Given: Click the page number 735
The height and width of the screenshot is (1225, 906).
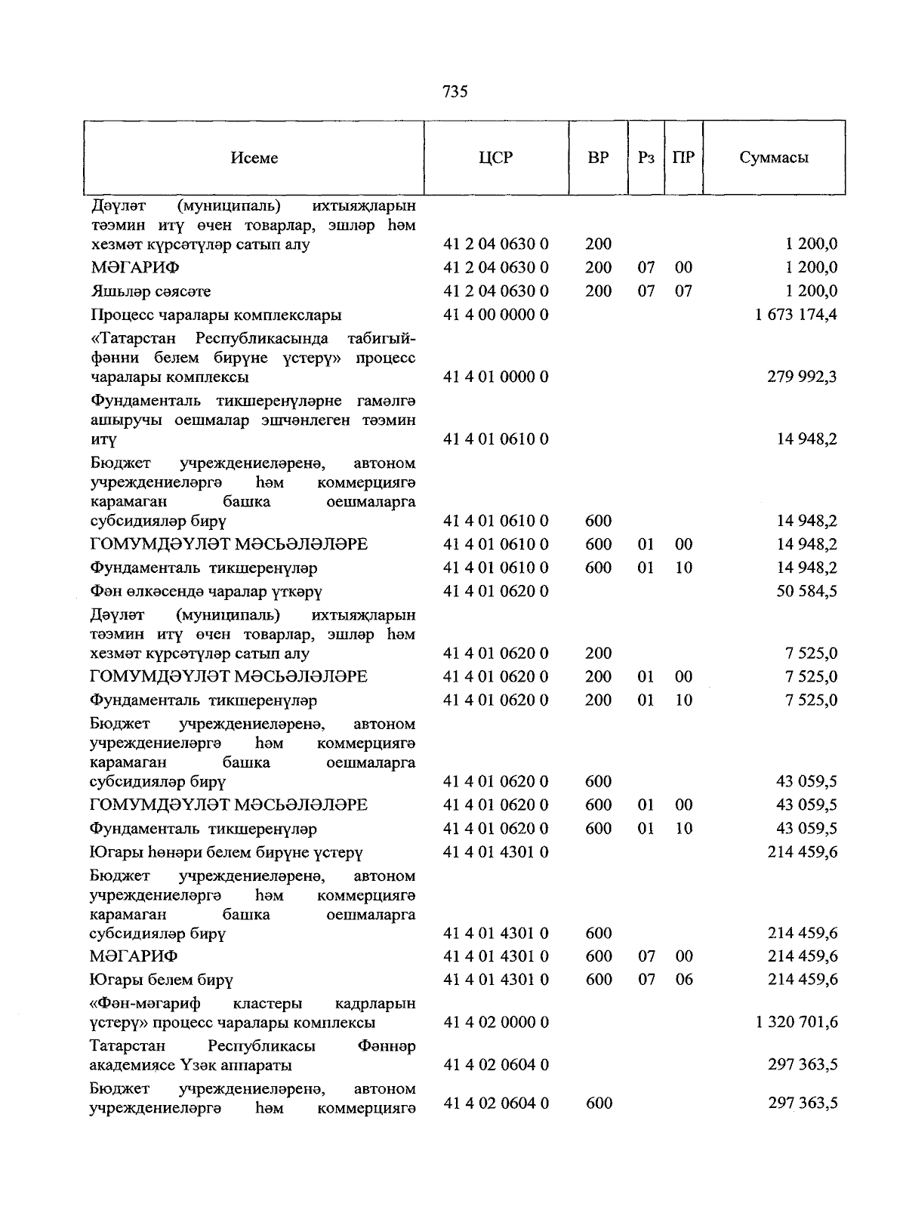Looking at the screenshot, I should (455, 92).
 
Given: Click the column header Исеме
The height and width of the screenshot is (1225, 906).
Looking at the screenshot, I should (254, 159).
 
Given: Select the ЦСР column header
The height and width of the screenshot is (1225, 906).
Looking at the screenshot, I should (495, 159).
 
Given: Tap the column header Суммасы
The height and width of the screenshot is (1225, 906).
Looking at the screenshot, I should (774, 159).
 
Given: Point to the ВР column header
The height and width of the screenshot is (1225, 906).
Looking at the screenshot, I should (598, 159).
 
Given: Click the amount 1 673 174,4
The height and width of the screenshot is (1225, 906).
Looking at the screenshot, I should (796, 315).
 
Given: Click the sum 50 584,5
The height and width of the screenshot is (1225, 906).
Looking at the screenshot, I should (806, 591).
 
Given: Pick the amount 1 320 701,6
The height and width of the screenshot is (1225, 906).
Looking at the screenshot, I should (796, 1023).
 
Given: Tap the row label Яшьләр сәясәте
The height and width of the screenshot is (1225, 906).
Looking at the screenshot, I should (150, 291).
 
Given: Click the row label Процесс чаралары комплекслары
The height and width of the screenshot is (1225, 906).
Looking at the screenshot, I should (216, 315).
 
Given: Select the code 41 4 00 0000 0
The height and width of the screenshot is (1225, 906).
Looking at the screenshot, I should (495, 315).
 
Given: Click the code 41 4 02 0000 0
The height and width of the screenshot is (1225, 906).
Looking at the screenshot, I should (495, 1023).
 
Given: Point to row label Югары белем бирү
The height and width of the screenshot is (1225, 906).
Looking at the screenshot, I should (161, 980).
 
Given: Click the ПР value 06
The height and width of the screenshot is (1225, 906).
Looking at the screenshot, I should (683, 980).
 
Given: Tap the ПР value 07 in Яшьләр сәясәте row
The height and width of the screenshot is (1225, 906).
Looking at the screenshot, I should (683, 291).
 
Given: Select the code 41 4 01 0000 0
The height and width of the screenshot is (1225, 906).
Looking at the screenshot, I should (495, 377).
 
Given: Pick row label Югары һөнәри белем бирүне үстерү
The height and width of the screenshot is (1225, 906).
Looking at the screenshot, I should (226, 853).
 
